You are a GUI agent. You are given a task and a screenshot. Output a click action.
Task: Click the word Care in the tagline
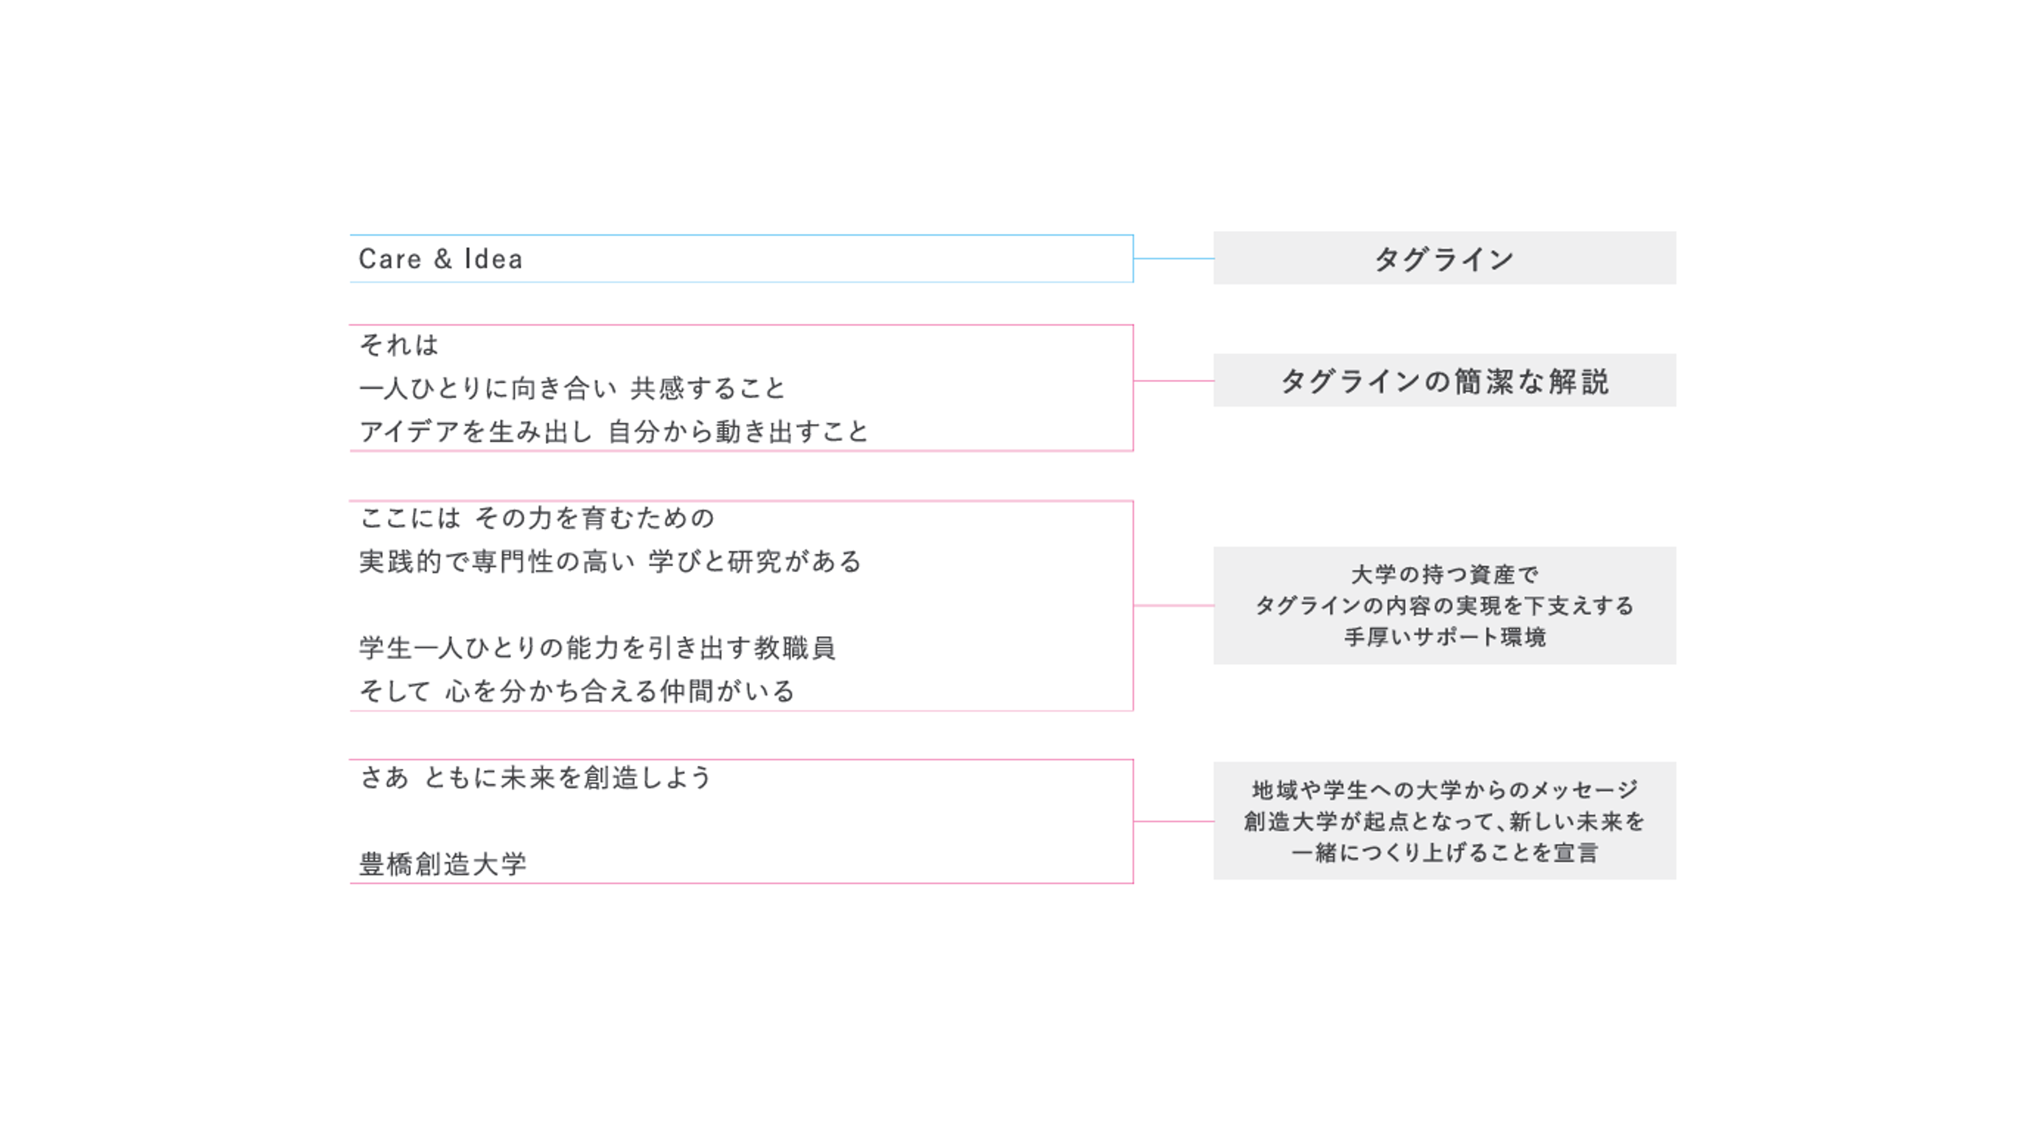390,259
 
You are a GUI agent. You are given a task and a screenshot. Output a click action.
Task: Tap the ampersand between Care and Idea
443,259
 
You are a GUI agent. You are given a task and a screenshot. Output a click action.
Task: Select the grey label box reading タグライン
1444,258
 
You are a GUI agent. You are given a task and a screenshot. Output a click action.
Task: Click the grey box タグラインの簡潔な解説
1444,381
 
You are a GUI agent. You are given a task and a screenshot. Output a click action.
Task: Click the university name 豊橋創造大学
443,864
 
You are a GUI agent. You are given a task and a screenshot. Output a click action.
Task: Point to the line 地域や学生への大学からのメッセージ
1445,789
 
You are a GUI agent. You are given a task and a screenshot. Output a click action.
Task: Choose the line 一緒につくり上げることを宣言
1445,852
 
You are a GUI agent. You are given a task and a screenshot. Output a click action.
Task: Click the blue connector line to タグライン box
1174,258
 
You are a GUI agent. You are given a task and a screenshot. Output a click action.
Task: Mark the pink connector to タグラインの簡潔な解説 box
1174,381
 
